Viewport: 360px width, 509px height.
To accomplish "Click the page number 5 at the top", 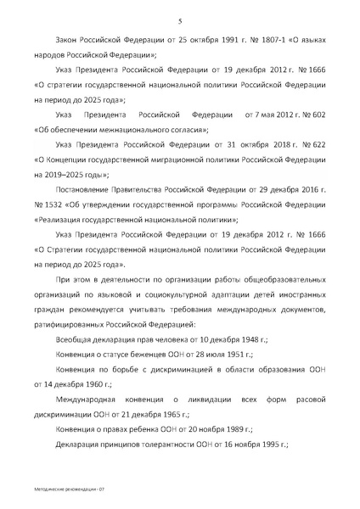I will point(180,21).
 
